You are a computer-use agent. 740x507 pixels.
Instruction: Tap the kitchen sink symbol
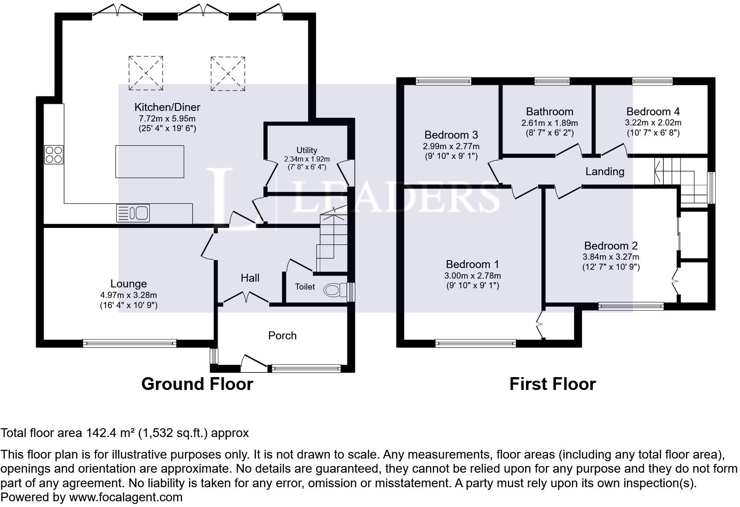[x=133, y=213]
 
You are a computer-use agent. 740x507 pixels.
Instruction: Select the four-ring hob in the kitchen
[x=54, y=154]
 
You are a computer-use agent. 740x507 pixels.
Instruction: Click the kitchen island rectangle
[x=150, y=162]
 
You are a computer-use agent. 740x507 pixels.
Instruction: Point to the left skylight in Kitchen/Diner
[x=146, y=73]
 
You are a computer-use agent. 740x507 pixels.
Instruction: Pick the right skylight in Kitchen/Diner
[x=228, y=73]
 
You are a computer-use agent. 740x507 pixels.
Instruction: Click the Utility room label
[x=307, y=150]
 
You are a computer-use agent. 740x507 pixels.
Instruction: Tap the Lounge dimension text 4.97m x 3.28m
[x=129, y=295]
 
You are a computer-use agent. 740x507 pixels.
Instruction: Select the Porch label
[x=282, y=335]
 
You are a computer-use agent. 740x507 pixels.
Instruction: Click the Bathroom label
[x=550, y=111]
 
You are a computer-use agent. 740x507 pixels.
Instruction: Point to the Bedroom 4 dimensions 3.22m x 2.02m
[x=653, y=123]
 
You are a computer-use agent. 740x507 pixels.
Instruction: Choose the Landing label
[x=605, y=171]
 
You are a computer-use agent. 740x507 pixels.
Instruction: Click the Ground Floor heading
[x=197, y=384]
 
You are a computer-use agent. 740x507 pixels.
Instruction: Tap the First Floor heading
[x=552, y=384]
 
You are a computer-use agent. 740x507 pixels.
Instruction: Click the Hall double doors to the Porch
[x=246, y=298]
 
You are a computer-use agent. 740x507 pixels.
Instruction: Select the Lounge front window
[x=129, y=343]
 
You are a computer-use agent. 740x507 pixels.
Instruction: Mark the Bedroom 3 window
[x=444, y=81]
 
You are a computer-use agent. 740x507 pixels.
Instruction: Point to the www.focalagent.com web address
[x=126, y=497]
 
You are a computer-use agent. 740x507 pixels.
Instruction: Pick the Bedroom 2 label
[x=611, y=246]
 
